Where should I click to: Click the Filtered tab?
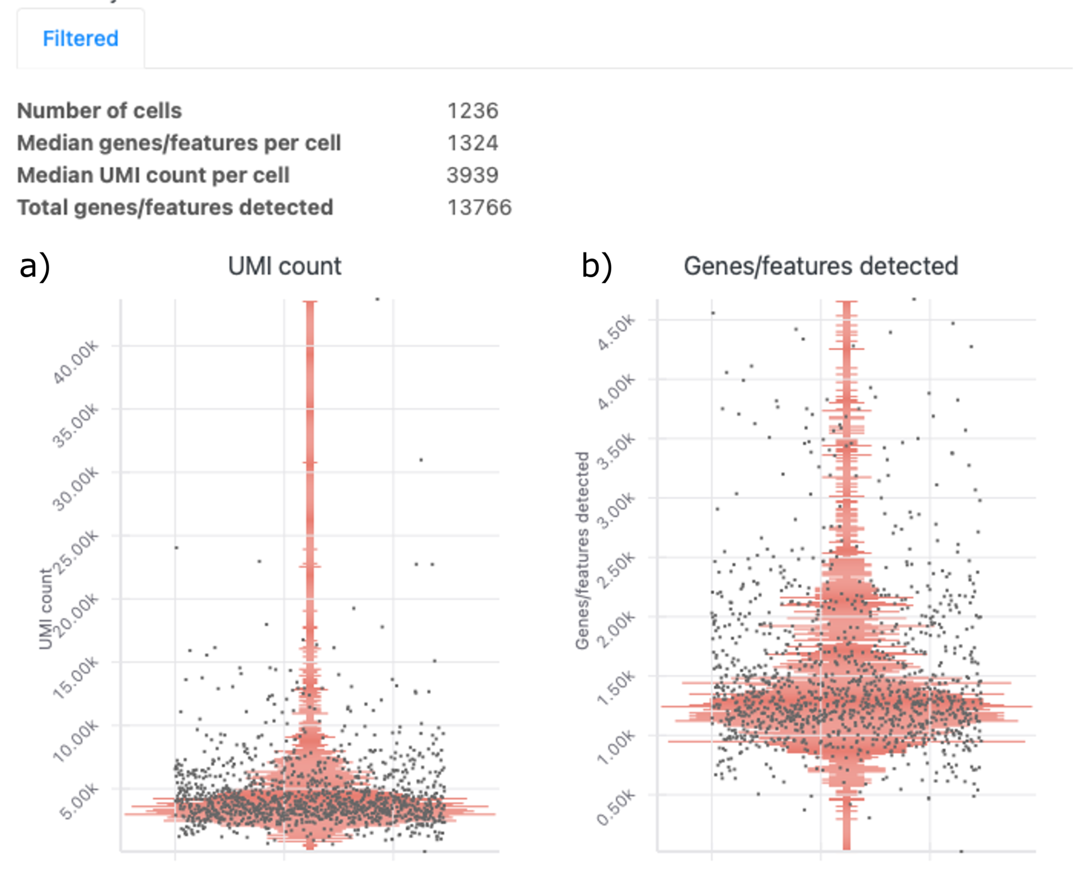tap(81, 39)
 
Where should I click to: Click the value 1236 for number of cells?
tap(473, 111)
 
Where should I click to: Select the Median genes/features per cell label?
tap(179, 143)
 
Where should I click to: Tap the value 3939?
tap(473, 175)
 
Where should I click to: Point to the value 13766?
tap(479, 208)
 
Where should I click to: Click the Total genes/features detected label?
tap(175, 208)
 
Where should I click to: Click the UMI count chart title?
tap(284, 266)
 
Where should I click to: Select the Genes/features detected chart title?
tap(821, 266)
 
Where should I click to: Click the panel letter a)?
tap(35, 266)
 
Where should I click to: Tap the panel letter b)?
tap(597, 266)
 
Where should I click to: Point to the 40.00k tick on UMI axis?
tap(76, 362)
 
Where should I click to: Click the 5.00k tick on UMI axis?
tap(79, 801)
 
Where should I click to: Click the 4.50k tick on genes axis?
tap(616, 332)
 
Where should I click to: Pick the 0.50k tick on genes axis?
tap(616, 807)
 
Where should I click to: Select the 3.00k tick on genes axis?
tap(616, 510)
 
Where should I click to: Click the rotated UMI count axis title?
tap(45, 609)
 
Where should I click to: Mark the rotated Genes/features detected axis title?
tap(582, 551)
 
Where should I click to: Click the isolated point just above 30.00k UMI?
tap(421, 460)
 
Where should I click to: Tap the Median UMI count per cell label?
tap(153, 175)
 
